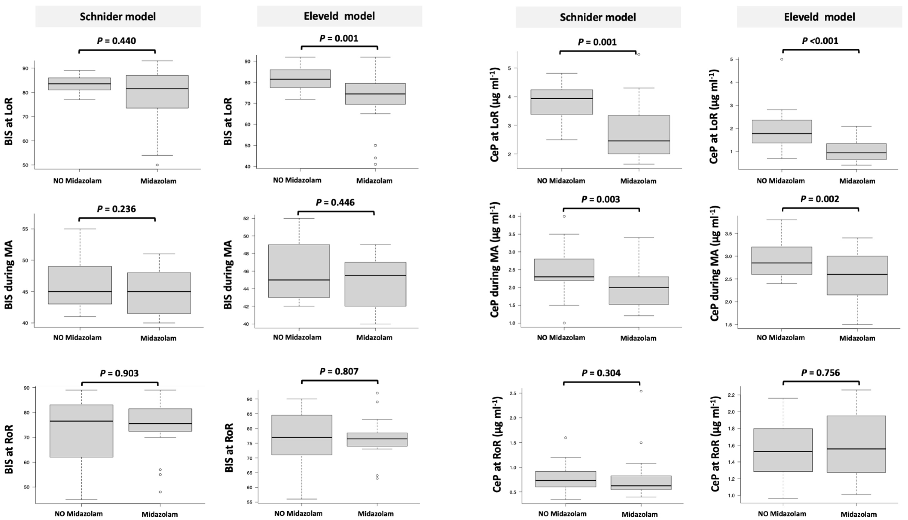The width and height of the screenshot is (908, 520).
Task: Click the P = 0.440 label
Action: [x=116, y=41]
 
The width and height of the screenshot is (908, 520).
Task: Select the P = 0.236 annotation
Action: [x=116, y=209]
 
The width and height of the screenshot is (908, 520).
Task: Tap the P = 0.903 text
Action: [x=119, y=373]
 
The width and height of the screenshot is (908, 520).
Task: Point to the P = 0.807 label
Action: [x=339, y=372]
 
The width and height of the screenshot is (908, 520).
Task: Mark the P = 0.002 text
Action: [x=820, y=199]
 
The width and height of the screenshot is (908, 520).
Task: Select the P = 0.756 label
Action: [x=821, y=373]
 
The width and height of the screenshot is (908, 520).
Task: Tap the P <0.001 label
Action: [x=820, y=41]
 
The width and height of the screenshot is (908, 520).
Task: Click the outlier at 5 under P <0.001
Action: [x=782, y=59]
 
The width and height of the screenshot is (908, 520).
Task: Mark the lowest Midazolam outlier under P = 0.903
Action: [x=160, y=492]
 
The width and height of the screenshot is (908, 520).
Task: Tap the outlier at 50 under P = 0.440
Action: [x=157, y=165]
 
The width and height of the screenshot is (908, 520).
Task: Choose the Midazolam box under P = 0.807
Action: [x=377, y=439]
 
